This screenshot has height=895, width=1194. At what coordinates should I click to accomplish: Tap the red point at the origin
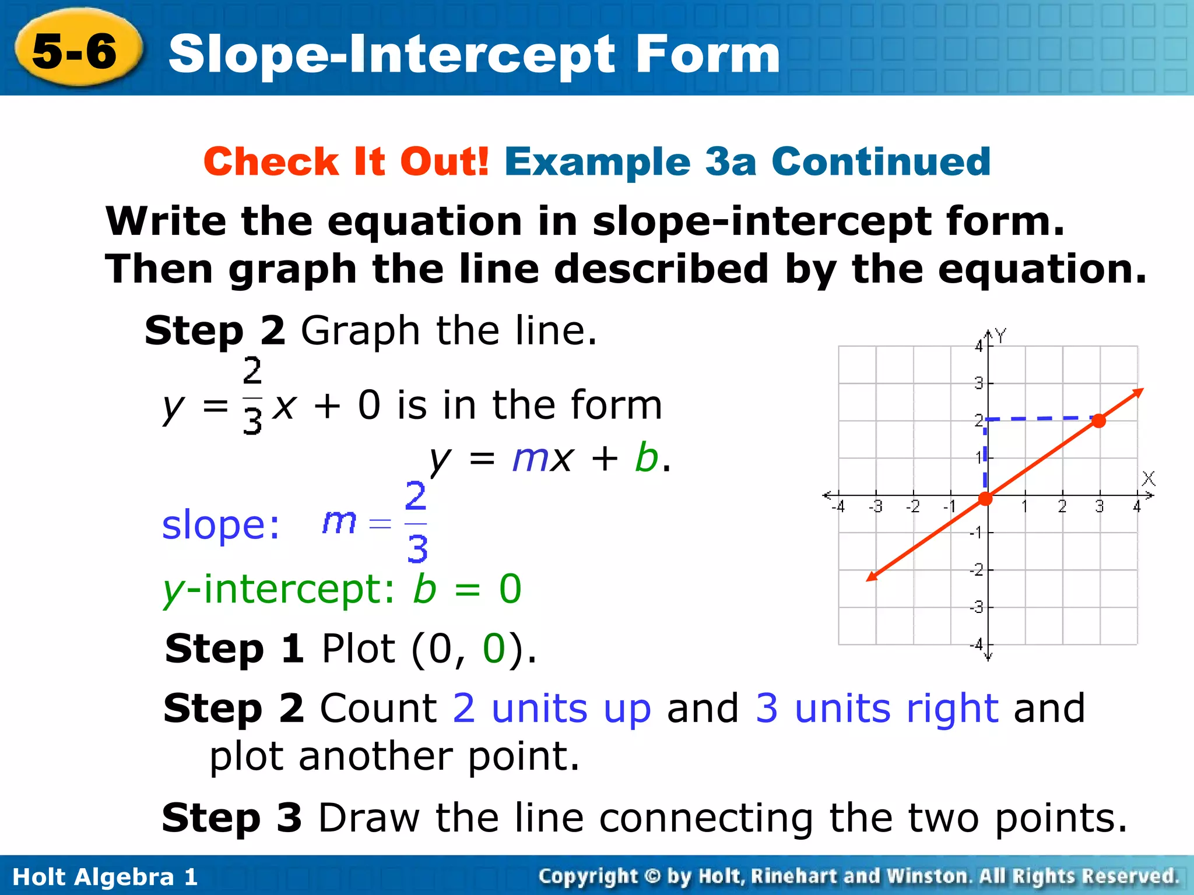tap(985, 498)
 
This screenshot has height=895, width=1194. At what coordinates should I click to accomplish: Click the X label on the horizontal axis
tap(1148, 479)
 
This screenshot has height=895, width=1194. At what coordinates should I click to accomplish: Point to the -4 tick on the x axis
tap(838, 507)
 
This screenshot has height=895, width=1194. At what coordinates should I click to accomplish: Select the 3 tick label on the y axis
tap(979, 383)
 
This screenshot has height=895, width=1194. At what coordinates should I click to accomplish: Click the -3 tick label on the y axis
tap(977, 608)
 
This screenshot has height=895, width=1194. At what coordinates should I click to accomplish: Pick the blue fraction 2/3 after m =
tap(416, 522)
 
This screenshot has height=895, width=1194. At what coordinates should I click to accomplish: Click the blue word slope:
tap(220, 525)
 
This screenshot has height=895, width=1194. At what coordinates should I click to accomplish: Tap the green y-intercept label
tap(279, 589)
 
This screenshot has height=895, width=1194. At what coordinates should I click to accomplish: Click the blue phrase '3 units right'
tap(877, 709)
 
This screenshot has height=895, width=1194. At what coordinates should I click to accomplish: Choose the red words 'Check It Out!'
tap(346, 161)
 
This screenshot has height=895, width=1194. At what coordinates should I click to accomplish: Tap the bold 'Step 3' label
tap(232, 818)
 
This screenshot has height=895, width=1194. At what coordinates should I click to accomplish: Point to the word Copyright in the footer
tap(588, 876)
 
